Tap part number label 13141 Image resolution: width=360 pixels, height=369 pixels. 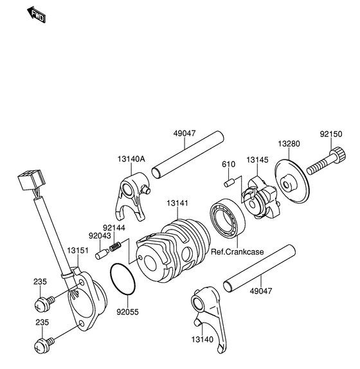coord(178,203)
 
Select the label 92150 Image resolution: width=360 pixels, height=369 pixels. coord(332,136)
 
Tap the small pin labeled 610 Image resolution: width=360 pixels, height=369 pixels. coord(228,183)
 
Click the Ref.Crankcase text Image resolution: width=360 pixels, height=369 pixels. coord(238,252)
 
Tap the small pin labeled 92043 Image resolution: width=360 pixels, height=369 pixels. coord(101,255)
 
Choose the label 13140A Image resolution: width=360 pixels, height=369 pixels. coord(131,159)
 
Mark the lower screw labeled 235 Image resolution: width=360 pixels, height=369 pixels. coord(45,345)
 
